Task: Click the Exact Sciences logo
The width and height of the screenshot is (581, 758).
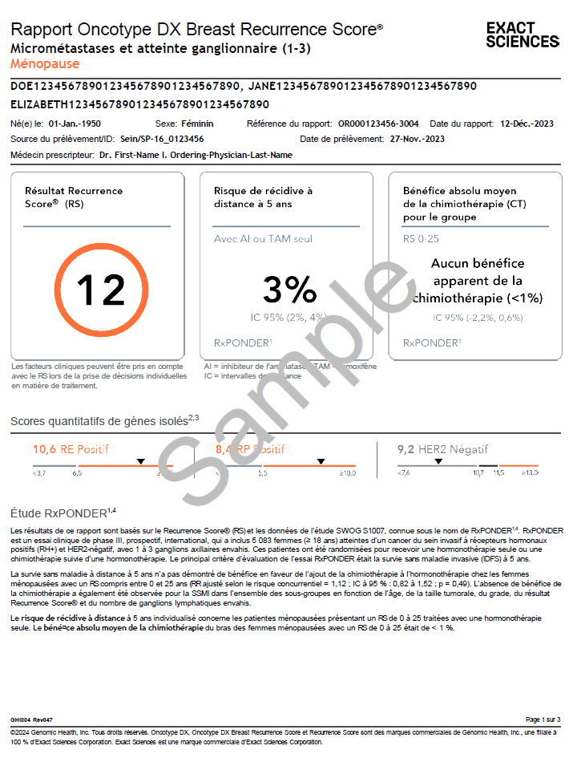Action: coord(522,35)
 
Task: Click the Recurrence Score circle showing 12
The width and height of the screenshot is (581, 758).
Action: coord(101,290)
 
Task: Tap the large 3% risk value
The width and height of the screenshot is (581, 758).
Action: coord(289,290)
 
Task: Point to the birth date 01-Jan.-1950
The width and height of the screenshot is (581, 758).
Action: coord(75,124)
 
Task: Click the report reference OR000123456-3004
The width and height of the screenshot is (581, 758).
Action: coord(378,124)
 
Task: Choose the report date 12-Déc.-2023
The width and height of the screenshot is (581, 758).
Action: coord(527,124)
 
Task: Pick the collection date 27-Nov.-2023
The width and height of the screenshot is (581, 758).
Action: coord(417,139)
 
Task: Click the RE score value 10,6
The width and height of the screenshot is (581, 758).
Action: coord(44,449)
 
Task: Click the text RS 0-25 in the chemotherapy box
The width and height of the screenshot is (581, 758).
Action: coord(420,239)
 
